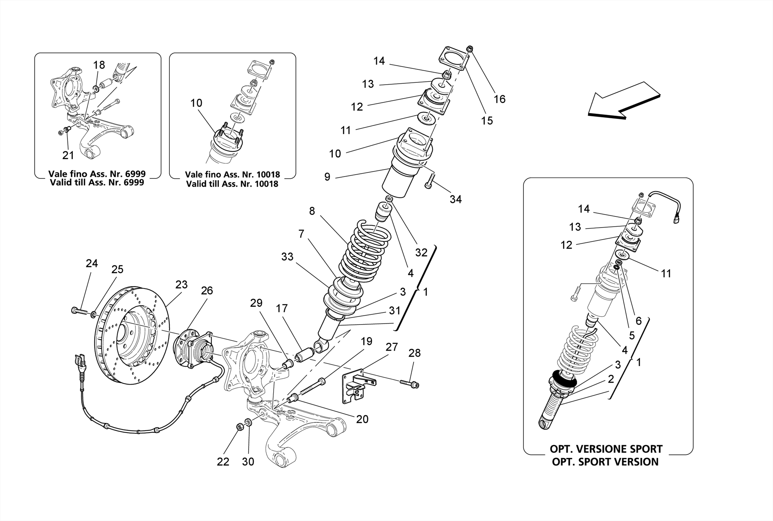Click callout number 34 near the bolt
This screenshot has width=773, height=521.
click(x=456, y=199)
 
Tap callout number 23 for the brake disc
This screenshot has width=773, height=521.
click(x=181, y=284)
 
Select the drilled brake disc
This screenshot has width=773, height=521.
click(x=132, y=336)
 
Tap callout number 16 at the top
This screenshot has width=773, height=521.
click(x=499, y=99)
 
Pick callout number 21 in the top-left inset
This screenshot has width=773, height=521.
click(x=68, y=155)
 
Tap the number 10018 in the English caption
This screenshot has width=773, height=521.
click(x=265, y=184)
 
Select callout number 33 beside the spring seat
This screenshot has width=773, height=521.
click(x=287, y=257)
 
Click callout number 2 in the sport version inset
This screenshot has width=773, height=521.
click(x=611, y=379)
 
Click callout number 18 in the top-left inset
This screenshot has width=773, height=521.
click(x=99, y=65)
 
